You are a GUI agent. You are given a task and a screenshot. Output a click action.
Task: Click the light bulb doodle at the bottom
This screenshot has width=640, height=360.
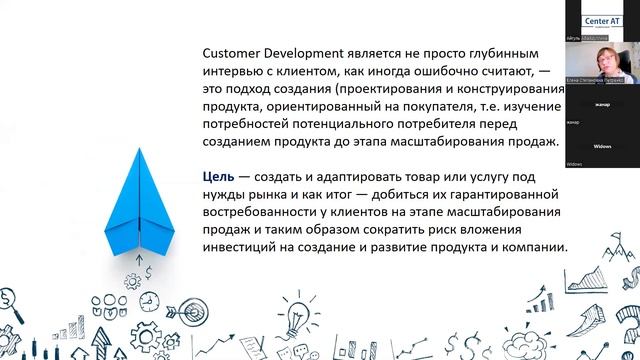click(296, 318)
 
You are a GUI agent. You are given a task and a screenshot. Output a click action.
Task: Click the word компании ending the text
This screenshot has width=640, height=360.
click(532, 249)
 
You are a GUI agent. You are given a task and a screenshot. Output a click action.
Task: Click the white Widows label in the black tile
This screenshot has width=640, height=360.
click(602, 145)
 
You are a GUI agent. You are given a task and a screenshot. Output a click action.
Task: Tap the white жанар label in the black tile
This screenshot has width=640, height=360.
click(602, 102)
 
